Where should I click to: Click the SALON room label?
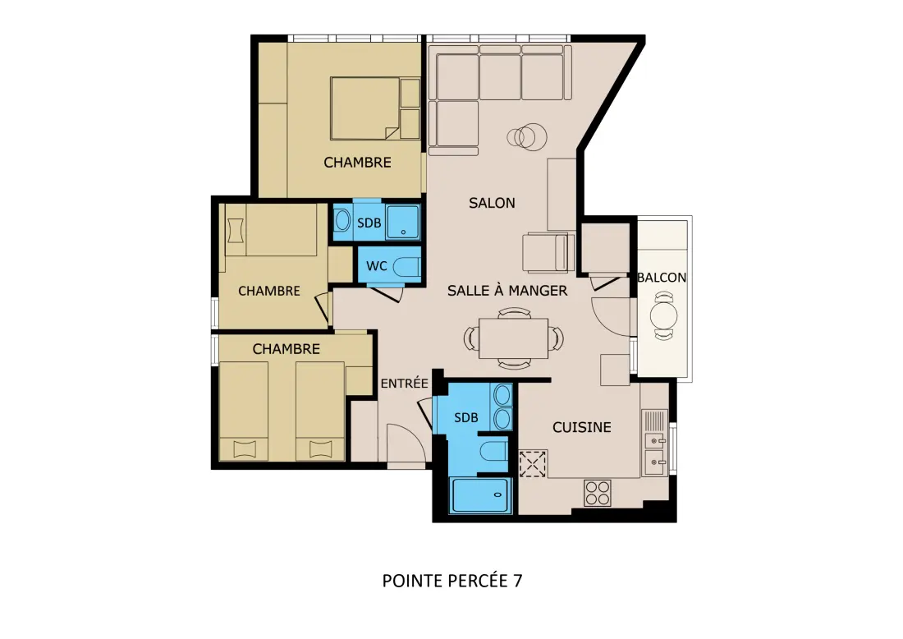(492, 203)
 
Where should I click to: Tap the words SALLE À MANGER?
(507, 291)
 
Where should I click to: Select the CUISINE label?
(582, 427)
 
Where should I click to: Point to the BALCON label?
(662, 277)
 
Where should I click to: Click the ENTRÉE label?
(404, 384)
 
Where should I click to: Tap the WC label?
(377, 266)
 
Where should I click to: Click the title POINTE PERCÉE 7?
(452, 580)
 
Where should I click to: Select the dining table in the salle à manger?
(513, 338)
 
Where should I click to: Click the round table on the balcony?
(664, 315)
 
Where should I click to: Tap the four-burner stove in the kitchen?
(597, 494)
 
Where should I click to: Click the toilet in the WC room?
(407, 266)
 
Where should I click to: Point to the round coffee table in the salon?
(527, 137)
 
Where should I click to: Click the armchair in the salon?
(548, 252)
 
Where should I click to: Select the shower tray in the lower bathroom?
(480, 495)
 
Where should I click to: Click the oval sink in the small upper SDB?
(342, 220)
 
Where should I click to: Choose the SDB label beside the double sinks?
(466, 418)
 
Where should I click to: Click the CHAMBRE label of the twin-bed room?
(286, 348)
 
